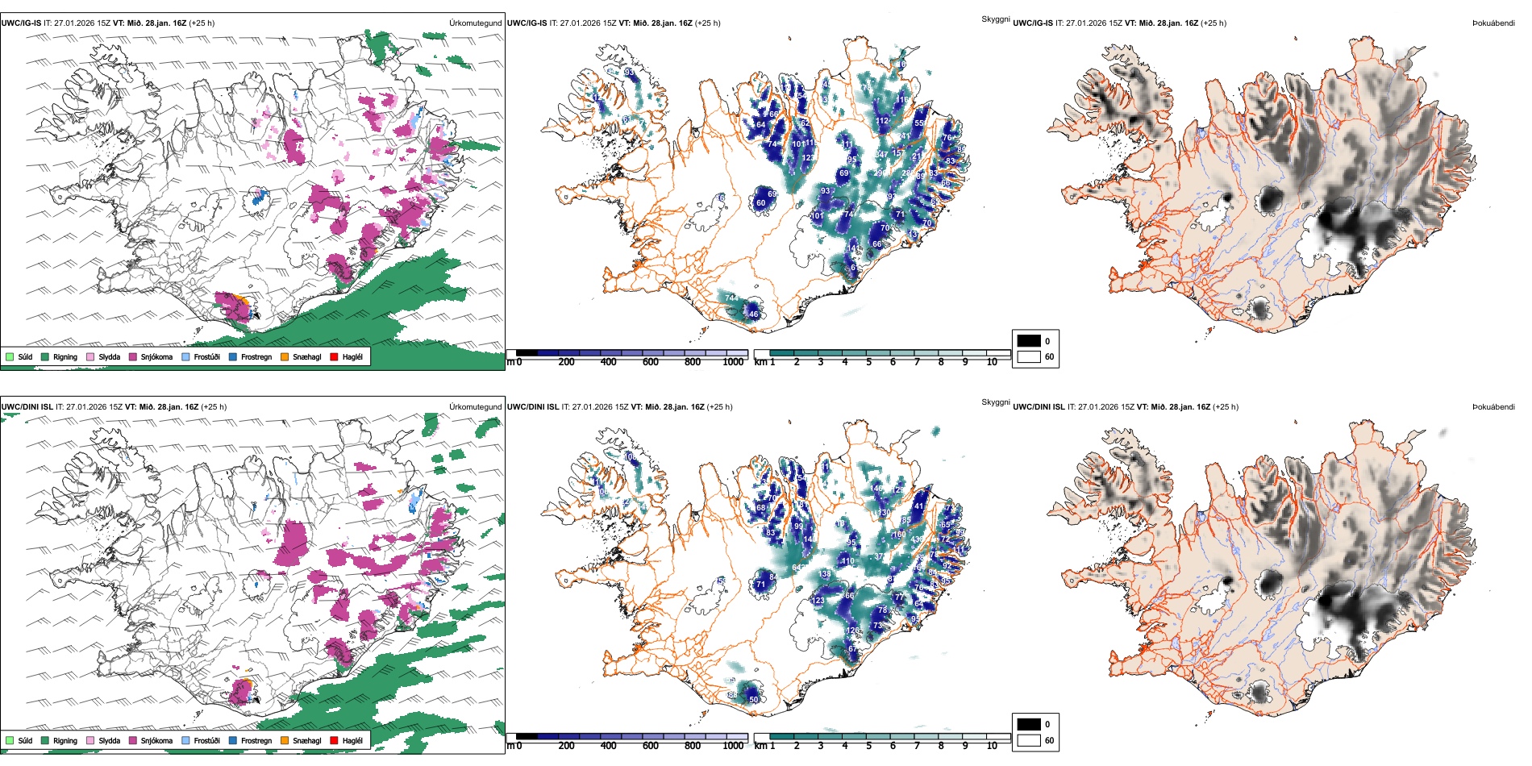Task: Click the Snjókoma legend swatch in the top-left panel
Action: (133, 356)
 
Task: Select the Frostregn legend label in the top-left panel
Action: (256, 356)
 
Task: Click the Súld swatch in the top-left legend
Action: (10, 356)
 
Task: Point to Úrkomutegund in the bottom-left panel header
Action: (475, 406)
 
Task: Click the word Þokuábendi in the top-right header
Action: (1493, 23)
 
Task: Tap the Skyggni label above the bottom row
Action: (995, 402)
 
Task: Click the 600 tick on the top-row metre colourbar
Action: (650, 362)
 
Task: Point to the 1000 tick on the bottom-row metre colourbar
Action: (733, 746)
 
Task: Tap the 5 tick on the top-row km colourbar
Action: (868, 362)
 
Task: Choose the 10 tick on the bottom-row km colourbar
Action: (992, 746)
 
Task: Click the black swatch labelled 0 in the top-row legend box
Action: (1029, 341)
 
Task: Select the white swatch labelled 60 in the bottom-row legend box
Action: (1029, 740)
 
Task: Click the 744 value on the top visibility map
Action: (731, 298)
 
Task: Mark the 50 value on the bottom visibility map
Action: (753, 699)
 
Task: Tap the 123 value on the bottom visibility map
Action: (818, 601)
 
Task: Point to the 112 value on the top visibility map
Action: (882, 121)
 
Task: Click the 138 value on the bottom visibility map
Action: (825, 574)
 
